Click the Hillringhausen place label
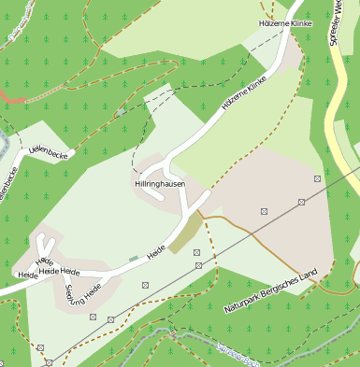(x=158, y=185)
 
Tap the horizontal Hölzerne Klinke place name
(x=283, y=22)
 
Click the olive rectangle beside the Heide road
(x=185, y=233)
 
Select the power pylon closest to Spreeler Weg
(x=318, y=177)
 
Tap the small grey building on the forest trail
(x=120, y=112)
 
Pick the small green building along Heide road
(x=133, y=258)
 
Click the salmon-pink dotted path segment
(x=11, y=98)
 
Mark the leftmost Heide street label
(x=28, y=275)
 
